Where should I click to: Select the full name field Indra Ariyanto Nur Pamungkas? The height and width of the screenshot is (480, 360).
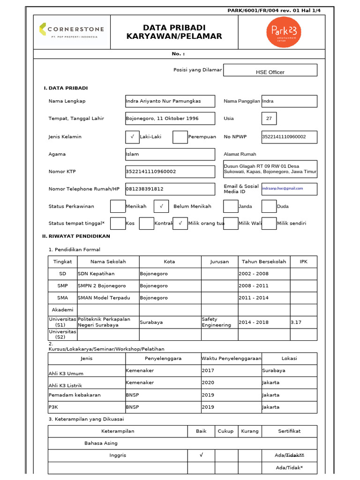coord(170,101)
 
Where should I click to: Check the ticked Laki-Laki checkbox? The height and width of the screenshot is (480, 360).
coord(133,137)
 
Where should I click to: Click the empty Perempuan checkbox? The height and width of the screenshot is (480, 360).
coord(180,137)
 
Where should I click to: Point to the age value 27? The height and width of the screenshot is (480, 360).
coord(269,119)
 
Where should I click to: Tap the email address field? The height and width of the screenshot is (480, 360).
coord(283,188)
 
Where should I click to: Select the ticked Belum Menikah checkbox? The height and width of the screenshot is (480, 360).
coord(161,206)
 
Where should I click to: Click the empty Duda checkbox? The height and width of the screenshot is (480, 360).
coord(269,206)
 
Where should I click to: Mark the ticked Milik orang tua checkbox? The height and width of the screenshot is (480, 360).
coord(180,224)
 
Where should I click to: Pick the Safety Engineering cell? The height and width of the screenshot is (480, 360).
coord(219,322)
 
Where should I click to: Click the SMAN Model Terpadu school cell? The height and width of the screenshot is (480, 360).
coord(108,298)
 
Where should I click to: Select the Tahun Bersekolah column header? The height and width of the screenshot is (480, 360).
coord(264,262)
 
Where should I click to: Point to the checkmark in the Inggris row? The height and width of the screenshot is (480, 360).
coord(201,455)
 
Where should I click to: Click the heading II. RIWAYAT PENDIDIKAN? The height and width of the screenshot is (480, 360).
coord(76,236)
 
